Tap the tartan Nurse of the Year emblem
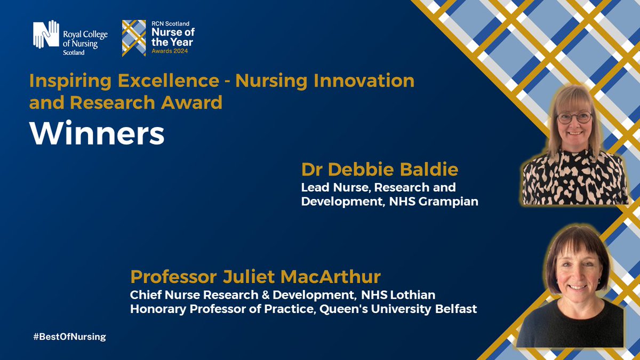(134, 38)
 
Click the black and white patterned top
(575, 179)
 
